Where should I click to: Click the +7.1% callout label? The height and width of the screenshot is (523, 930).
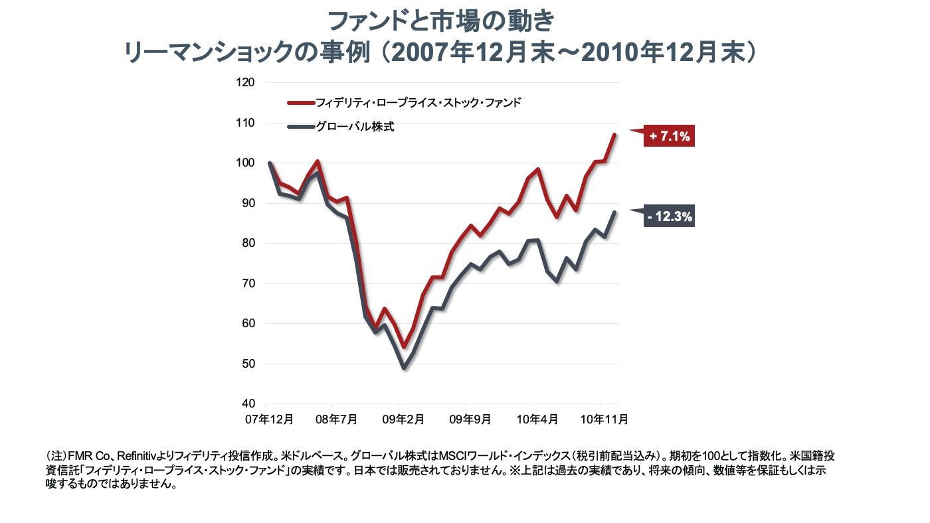(670, 137)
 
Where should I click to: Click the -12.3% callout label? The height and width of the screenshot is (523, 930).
(670, 216)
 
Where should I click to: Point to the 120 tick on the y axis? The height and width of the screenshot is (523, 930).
(246, 83)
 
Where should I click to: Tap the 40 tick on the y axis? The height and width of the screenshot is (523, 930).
(248, 404)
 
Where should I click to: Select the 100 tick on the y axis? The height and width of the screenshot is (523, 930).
(246, 163)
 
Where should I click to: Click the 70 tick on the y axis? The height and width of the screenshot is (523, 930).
(248, 284)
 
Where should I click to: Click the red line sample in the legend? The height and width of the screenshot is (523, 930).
(300, 103)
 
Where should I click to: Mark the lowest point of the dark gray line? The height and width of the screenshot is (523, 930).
(404, 368)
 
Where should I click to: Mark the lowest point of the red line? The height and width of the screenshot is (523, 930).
(404, 347)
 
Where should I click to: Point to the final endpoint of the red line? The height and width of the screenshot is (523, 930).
(614, 135)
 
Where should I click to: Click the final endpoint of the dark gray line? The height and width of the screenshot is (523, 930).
(614, 212)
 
